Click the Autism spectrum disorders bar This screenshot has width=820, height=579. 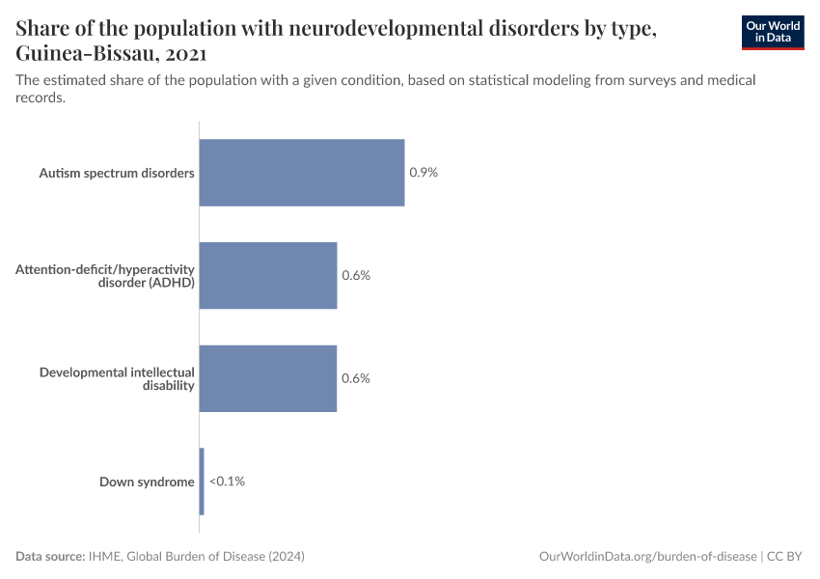pos(301,173)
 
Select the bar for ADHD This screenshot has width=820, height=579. pos(267,275)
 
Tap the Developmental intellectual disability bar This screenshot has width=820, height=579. pos(267,378)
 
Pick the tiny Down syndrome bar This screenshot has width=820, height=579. pos(202,481)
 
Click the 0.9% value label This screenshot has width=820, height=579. pos(424,173)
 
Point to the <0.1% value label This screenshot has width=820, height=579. pos(227,481)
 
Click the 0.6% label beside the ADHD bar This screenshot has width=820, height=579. pos(356,275)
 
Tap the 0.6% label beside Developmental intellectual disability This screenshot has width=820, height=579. pos(356,378)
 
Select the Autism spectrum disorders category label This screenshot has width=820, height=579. pos(117,173)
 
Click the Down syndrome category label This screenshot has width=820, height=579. pos(147,482)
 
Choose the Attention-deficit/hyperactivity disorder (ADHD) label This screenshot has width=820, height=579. pos(105,275)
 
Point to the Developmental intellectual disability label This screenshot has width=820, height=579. pos(117,378)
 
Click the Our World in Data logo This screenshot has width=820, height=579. pos(773,32)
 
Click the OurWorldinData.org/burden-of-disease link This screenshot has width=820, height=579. pos(648,557)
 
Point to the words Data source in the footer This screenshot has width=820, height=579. pos(49,557)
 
